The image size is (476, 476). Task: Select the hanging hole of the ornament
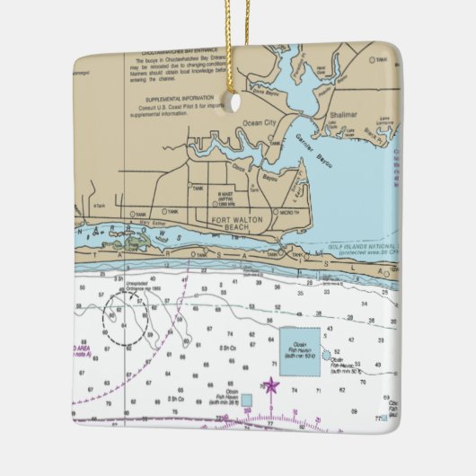pyautogui.click(x=236, y=102)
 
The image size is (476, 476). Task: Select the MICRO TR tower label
pyautogui.click(x=289, y=213)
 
